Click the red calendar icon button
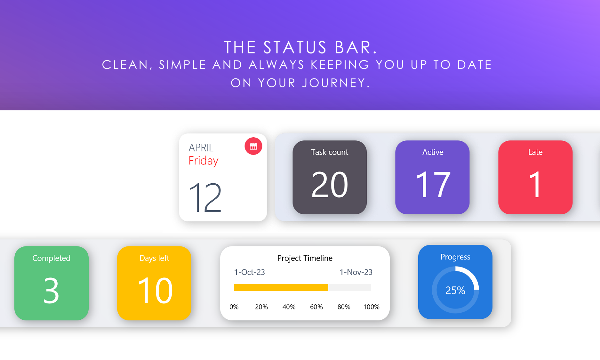(x=253, y=146)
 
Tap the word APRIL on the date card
(x=201, y=148)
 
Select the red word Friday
(x=204, y=161)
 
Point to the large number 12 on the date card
(x=205, y=197)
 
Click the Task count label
(x=330, y=152)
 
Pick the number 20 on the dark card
(x=330, y=185)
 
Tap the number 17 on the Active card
(x=433, y=185)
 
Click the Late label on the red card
(x=535, y=152)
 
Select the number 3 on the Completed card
(x=51, y=291)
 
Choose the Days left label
(x=154, y=258)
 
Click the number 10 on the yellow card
(x=155, y=291)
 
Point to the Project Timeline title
(x=305, y=258)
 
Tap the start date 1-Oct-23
(x=250, y=272)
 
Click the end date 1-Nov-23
(x=356, y=272)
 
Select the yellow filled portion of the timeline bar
(x=281, y=287)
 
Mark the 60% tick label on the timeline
(x=316, y=307)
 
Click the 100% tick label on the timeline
(x=372, y=307)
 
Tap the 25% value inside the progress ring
(x=455, y=290)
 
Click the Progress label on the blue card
(x=455, y=257)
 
